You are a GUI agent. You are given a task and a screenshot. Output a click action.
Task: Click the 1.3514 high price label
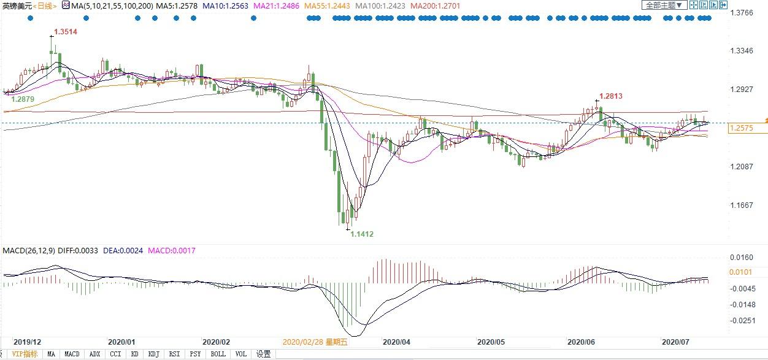coord(66,31)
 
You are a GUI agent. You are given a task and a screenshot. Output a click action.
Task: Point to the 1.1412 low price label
coord(362,234)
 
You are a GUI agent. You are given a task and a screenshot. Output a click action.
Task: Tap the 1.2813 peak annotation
coord(611,96)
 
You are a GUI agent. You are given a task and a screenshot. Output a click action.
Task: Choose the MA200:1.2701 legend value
coord(435,6)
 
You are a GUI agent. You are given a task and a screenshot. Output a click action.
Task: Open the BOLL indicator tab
coord(218,354)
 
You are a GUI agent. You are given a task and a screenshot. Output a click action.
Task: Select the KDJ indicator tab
coord(154,354)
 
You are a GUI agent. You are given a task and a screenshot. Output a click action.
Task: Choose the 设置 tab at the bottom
coord(264,354)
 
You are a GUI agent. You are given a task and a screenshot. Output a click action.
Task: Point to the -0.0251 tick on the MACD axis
coord(742,320)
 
